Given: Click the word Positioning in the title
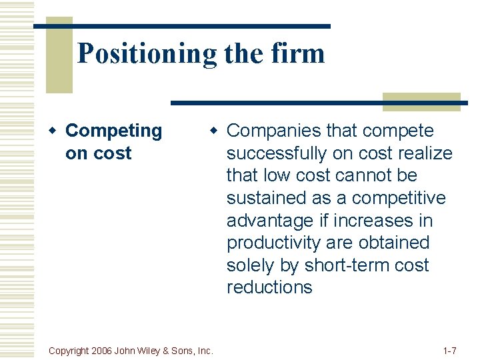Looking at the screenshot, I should pyautogui.click(x=146, y=53).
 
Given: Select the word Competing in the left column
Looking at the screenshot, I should pyautogui.click(x=113, y=131).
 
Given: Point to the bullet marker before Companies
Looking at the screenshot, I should pyautogui.click(x=217, y=131).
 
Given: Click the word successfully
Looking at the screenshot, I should pyautogui.click(x=277, y=153).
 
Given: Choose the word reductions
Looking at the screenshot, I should pyautogui.click(x=269, y=287).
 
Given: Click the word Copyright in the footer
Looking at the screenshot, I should pyautogui.click(x=71, y=350).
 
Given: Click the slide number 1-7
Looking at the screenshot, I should pyautogui.click(x=449, y=350).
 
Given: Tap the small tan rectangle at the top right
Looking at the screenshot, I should pyautogui.click(x=421, y=101).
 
